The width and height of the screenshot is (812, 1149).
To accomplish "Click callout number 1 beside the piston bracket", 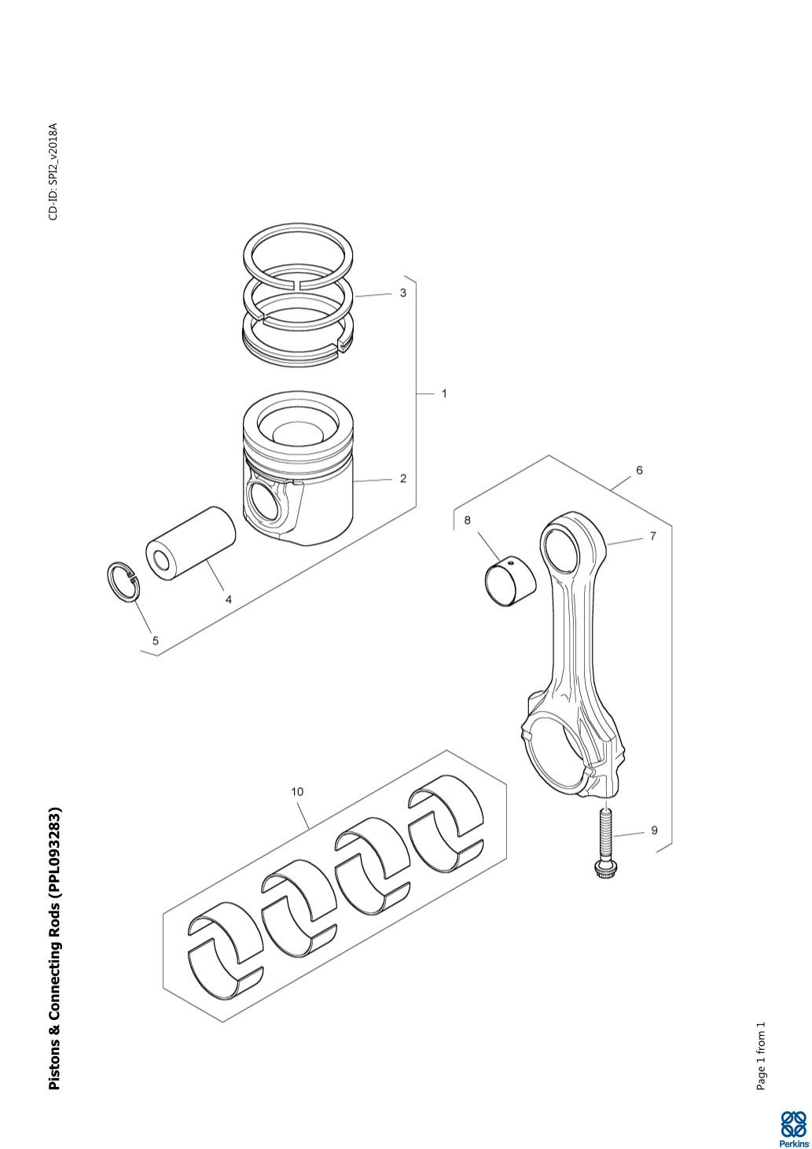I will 444,393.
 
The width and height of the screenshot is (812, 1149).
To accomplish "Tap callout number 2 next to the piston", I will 403,478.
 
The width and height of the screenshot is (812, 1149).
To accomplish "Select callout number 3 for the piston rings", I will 403,293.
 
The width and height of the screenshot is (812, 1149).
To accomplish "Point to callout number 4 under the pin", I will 229,599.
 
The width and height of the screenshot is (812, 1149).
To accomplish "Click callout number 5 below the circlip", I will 156,640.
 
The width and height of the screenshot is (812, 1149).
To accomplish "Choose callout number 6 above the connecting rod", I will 639,470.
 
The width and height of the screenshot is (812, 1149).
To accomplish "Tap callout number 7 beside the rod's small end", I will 652,536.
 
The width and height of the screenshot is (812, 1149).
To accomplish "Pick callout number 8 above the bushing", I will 467,520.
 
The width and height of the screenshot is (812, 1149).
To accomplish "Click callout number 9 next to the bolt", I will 654,830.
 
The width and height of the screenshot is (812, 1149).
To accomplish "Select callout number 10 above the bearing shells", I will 297,792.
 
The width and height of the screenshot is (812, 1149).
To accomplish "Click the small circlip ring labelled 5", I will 123,583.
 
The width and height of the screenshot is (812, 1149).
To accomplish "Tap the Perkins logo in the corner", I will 793,1128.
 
